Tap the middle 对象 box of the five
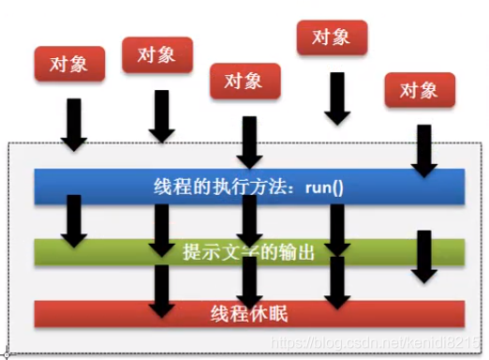246,80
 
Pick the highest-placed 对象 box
330,37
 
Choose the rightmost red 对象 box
419,91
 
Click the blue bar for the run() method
248,187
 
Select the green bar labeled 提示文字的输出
248,251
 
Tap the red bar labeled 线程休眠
248,312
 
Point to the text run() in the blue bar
324,187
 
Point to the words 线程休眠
248,312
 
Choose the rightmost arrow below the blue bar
426,253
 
